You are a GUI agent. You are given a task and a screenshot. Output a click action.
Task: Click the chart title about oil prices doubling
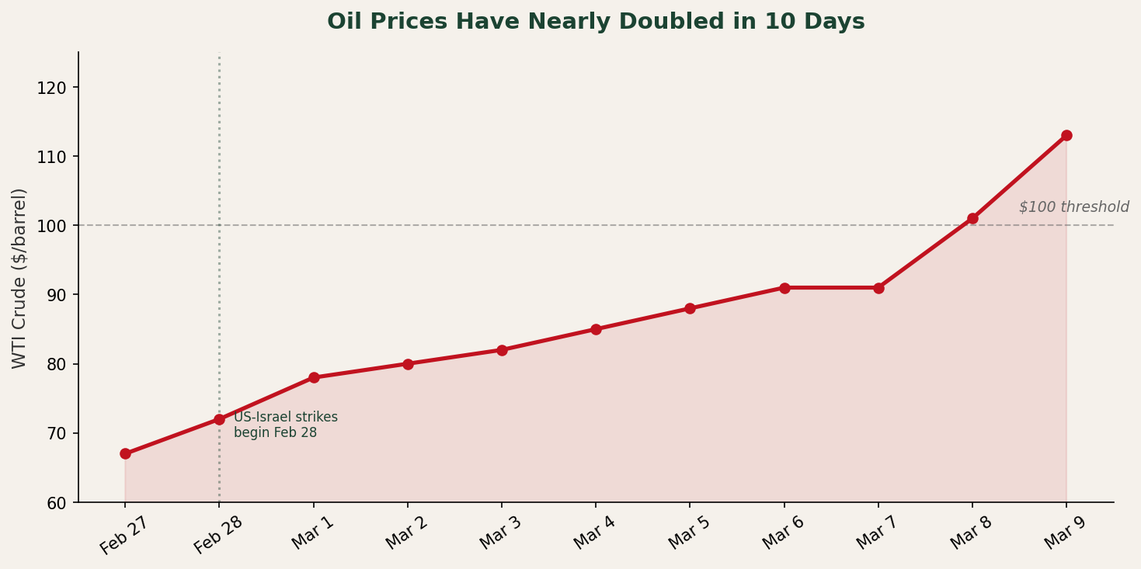point(596,22)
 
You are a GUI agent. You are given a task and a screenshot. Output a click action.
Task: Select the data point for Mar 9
point(1066,136)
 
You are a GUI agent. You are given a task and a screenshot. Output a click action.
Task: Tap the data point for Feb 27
point(125,453)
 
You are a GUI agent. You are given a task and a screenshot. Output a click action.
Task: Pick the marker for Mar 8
point(972,218)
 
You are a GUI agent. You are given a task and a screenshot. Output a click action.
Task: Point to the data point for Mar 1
point(314,377)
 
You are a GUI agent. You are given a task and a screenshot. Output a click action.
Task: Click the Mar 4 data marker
point(596,329)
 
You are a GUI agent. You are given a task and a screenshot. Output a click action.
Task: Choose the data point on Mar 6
point(784,288)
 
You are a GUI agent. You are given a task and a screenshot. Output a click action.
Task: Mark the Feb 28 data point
point(219,419)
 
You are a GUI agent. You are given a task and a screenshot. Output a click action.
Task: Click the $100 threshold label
point(1073,207)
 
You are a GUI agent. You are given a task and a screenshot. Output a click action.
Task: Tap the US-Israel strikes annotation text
point(285,425)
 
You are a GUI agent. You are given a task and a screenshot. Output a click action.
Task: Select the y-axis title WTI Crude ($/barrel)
point(19,278)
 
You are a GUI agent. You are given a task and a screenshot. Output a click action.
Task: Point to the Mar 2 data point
point(408,364)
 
